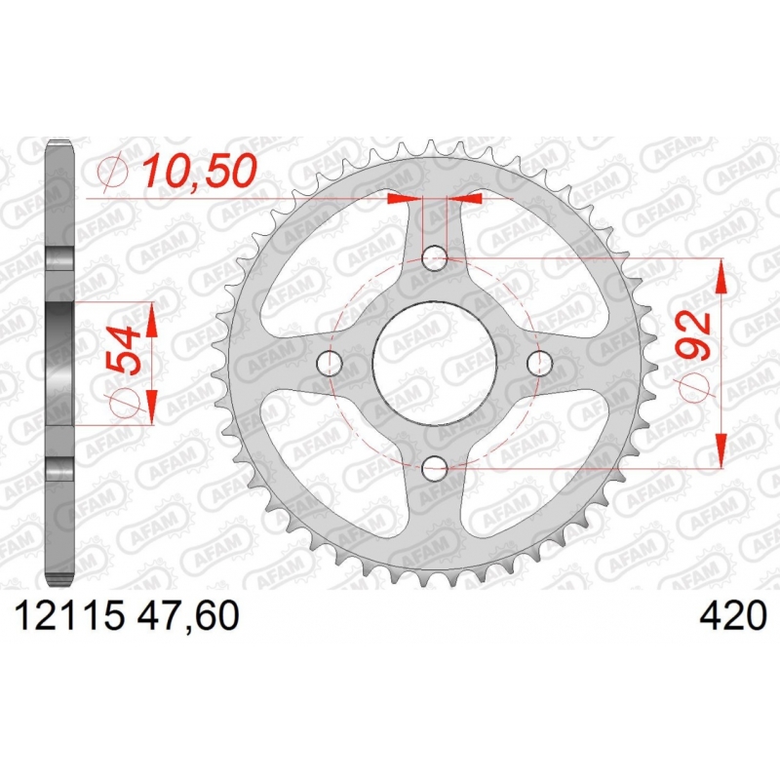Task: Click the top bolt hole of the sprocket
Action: click(x=435, y=258)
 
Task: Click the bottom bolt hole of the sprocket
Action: click(x=435, y=468)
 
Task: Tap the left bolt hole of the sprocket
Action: click(x=330, y=363)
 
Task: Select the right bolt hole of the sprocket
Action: click(x=540, y=363)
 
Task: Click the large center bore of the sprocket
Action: click(x=435, y=363)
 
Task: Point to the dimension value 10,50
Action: click(x=199, y=171)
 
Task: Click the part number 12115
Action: click(x=68, y=616)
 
